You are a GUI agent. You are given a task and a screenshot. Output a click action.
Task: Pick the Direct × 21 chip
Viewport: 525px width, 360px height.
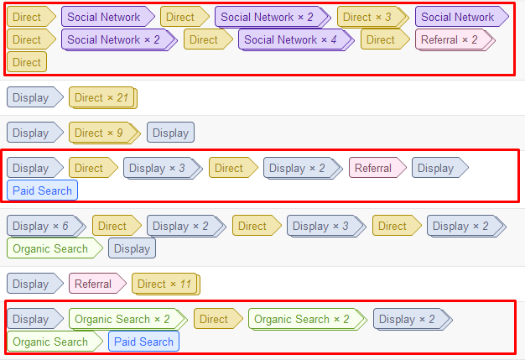pyautogui.click(x=101, y=98)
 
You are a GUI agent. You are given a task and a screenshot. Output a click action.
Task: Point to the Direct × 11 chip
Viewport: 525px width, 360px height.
pyautogui.click(x=164, y=284)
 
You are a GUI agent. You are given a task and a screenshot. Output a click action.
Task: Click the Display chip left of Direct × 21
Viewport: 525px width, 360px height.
pyautogui.click(x=32, y=98)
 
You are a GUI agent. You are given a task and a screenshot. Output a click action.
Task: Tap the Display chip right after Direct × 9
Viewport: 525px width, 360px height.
pyautogui.click(x=170, y=133)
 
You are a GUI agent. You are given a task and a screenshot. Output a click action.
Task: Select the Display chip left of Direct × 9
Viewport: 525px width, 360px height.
pyautogui.click(x=32, y=133)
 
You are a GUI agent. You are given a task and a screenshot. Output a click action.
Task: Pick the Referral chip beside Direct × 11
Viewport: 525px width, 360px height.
pyautogui.click(x=94, y=284)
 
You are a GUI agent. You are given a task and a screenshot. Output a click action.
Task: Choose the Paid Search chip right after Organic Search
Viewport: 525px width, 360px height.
pyautogui.click(x=143, y=342)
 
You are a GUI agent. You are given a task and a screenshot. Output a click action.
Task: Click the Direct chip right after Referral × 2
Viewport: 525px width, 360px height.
pyautogui.click(x=27, y=62)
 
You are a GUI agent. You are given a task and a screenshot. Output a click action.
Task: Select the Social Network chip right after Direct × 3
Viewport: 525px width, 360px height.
pyautogui.click(x=458, y=17)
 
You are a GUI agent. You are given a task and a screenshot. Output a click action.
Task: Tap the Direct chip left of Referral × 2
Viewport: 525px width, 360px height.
pyautogui.click(x=382, y=39)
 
